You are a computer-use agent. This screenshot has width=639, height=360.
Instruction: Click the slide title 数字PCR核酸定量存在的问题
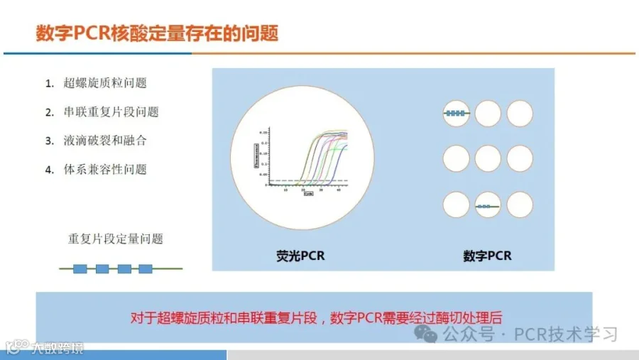coord(157,33)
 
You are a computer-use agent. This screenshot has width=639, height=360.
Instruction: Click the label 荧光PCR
coord(300,256)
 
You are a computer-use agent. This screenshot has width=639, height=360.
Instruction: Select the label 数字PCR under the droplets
coord(487,256)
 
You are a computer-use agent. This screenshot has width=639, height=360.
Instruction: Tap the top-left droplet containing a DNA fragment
coord(456,114)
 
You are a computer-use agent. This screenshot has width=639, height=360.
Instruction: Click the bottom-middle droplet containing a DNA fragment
coord(488,206)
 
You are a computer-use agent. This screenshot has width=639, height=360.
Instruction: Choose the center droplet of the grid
coord(488,158)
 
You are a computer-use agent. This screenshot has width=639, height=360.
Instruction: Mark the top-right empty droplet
coord(520,114)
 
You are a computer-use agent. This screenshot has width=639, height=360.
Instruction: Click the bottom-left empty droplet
coord(456,205)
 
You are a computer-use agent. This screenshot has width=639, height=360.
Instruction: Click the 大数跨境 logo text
coord(57,348)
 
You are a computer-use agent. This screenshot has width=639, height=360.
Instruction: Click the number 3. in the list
coord(50,141)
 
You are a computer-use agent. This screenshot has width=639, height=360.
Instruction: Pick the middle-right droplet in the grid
coord(520,158)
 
